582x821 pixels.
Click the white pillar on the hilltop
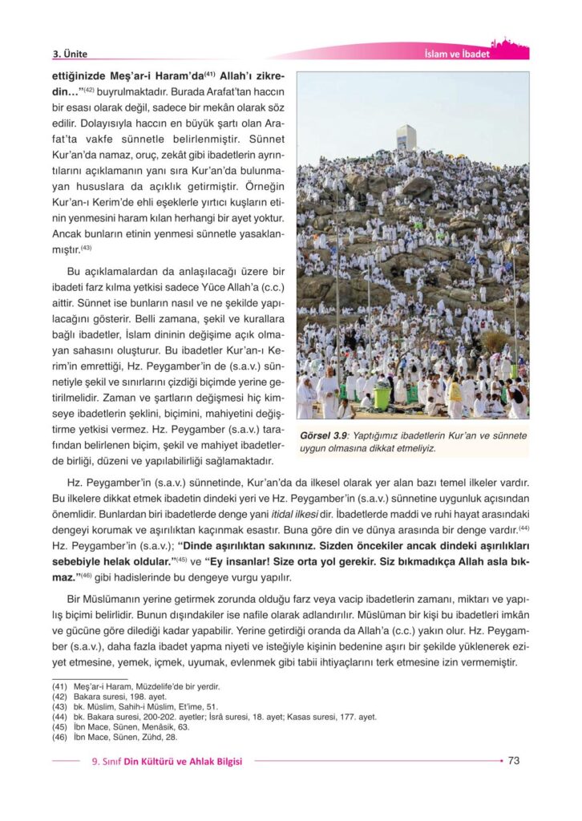[407, 139]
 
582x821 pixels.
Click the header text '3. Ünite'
[70, 55]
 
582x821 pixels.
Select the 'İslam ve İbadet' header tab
[456, 55]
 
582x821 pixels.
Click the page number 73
[515, 761]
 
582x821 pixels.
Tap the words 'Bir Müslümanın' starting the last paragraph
[105, 600]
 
